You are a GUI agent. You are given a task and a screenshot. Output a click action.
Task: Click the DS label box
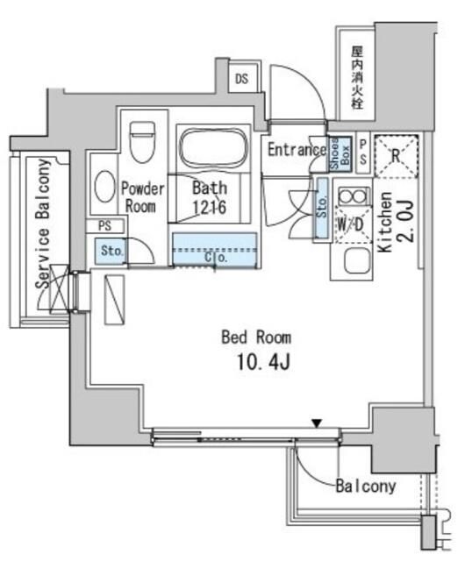(241, 79)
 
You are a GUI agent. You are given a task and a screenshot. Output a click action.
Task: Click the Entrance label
(296, 149)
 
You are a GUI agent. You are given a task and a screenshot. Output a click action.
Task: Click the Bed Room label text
(256, 336)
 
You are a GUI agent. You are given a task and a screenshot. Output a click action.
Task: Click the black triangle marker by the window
(318, 425)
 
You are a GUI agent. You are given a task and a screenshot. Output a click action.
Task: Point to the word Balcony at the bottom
(364, 486)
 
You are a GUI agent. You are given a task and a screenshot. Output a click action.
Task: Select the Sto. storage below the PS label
(111, 252)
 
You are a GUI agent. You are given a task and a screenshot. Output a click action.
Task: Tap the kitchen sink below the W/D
(355, 260)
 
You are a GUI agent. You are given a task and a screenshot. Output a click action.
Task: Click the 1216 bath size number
(211, 207)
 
